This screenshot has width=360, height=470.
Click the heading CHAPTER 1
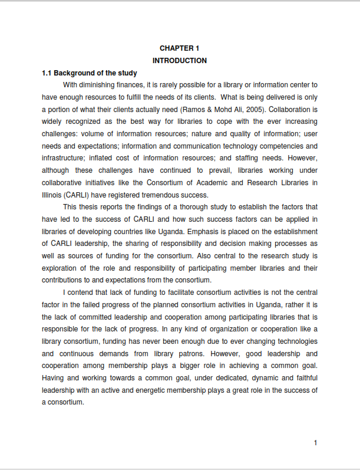pyautogui.click(x=180, y=48)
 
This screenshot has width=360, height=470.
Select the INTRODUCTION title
pyautogui.click(x=180, y=61)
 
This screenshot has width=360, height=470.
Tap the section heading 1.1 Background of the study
pyautogui.click(x=89, y=73)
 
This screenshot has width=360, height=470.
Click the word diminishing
pyautogui.click(x=105, y=86)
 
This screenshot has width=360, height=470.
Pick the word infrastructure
pyautogui.click(x=62, y=158)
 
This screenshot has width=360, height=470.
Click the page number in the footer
pyautogui.click(x=316, y=443)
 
